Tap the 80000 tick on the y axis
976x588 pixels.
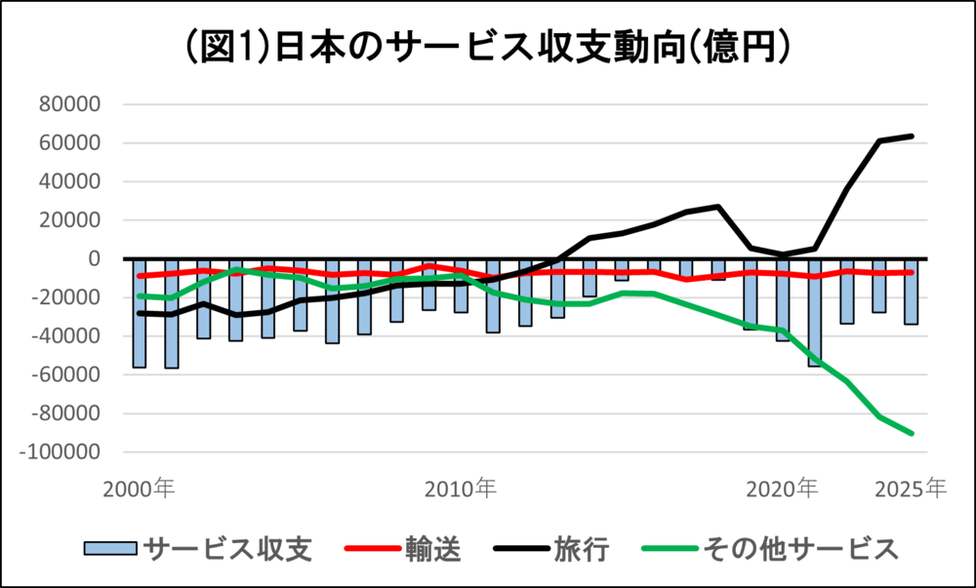click(x=69, y=104)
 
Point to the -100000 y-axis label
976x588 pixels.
click(x=60, y=451)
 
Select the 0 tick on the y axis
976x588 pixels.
click(x=94, y=258)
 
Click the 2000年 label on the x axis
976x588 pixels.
click(x=139, y=490)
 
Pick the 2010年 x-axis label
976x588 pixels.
click(x=461, y=490)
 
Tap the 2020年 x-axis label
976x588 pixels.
click(x=782, y=490)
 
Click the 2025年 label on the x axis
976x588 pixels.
click(x=911, y=490)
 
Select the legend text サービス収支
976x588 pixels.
click(x=227, y=549)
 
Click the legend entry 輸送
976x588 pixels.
click(x=433, y=549)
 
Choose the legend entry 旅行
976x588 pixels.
click(x=582, y=549)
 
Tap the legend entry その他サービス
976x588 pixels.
click(x=801, y=549)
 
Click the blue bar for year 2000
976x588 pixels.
click(x=140, y=313)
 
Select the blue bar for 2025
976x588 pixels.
click(x=911, y=292)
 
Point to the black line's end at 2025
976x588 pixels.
click(x=912, y=136)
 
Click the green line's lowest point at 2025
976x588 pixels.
click(x=912, y=433)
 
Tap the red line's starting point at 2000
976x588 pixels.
click(x=140, y=275)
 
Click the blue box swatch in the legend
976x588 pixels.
click(x=111, y=549)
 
